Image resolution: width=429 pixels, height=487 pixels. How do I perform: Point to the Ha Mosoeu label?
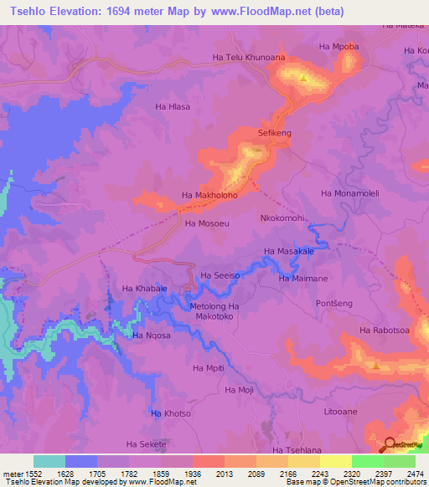pyautogui.click(x=207, y=224)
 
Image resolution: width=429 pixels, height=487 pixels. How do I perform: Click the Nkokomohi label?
pyautogui.click(x=282, y=218)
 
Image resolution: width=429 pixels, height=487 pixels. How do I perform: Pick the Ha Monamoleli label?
pyautogui.click(x=350, y=193)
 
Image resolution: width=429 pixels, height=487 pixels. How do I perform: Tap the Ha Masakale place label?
pyautogui.click(x=289, y=251)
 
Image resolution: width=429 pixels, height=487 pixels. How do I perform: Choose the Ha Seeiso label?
pyautogui.click(x=220, y=275)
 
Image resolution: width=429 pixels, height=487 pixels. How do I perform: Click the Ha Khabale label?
pyautogui.click(x=145, y=289)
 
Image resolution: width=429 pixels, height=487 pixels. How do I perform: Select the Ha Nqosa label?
pyautogui.click(x=152, y=336)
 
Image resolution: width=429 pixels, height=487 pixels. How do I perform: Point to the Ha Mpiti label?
pyautogui.click(x=209, y=368)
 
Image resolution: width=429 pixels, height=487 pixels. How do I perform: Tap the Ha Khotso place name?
pyautogui.click(x=171, y=413)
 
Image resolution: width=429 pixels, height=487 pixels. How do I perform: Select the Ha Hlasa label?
pyautogui.click(x=173, y=106)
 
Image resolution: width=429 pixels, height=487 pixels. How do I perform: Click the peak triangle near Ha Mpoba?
pyautogui.click(x=303, y=79)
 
